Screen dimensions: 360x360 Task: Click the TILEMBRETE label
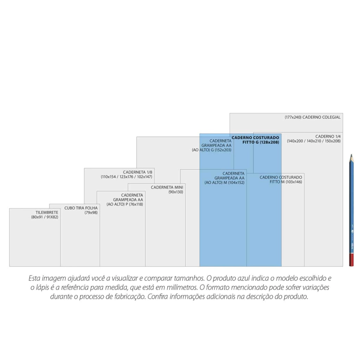(47, 213)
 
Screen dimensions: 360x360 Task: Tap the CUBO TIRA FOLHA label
(81, 208)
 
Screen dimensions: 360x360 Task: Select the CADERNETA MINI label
(167, 187)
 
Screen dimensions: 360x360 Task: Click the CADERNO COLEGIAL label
(321, 117)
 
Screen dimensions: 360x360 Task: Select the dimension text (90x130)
(176, 192)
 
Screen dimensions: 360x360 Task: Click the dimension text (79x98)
(91, 213)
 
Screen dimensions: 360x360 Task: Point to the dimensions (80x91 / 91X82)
(45, 217)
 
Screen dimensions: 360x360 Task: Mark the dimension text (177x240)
(293, 117)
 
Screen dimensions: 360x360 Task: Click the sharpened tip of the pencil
(350, 155)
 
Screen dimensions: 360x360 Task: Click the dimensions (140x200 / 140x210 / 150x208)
(314, 141)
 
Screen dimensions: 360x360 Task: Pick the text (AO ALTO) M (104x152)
(225, 183)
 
